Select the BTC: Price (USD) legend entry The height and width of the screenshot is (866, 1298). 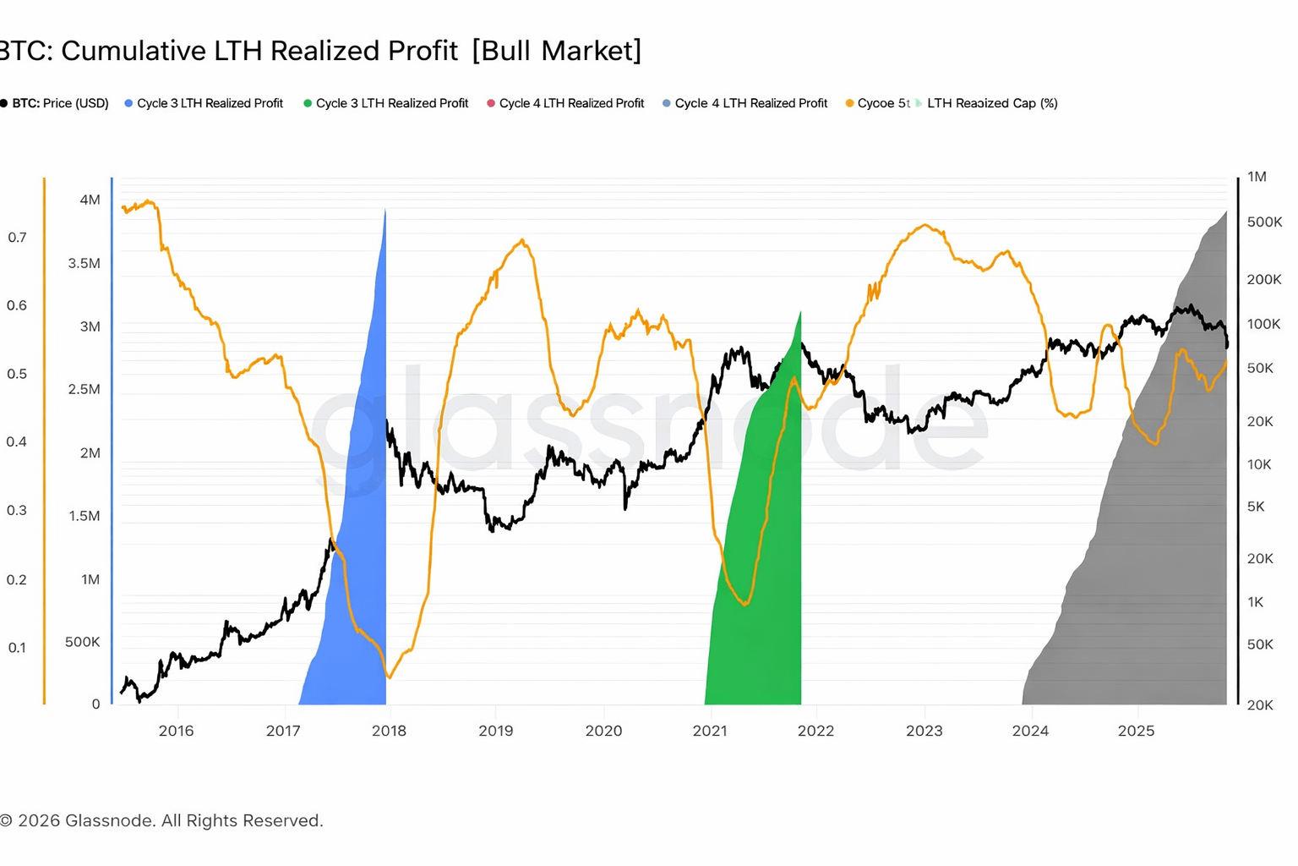click(56, 103)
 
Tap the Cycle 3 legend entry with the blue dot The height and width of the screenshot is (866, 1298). click(205, 103)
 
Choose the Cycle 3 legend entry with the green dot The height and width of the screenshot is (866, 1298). click(386, 103)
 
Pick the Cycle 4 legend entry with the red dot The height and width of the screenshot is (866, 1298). click(565, 103)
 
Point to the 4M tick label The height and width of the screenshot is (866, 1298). click(90, 200)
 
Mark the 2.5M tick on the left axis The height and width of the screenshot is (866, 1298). click(84, 389)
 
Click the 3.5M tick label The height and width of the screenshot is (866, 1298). click(84, 263)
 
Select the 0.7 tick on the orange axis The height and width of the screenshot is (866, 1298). click(17, 238)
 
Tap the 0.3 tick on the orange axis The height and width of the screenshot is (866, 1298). click(17, 510)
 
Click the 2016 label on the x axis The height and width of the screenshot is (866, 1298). click(176, 731)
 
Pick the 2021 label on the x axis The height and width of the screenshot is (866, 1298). click(710, 731)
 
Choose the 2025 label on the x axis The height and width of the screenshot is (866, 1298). click(1136, 731)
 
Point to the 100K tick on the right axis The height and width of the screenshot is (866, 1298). click(1264, 324)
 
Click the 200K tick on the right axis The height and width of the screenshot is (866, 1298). click(1264, 279)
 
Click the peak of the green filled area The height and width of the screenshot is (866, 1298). click(800, 312)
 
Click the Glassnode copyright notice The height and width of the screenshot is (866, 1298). click(161, 820)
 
